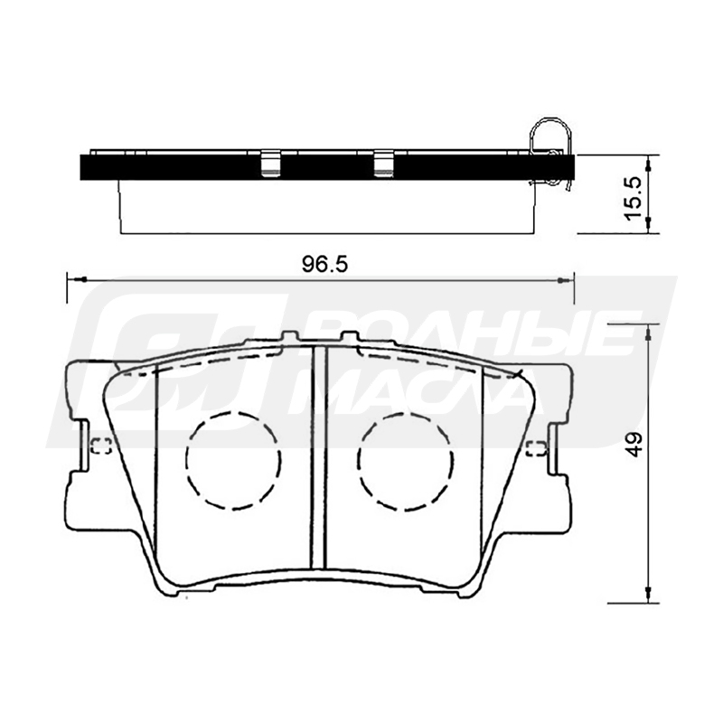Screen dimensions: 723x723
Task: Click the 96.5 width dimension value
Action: [324, 265]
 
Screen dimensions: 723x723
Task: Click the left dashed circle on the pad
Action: [234, 461]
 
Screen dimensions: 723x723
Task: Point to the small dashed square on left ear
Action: [101, 446]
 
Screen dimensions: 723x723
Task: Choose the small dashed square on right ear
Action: [537, 448]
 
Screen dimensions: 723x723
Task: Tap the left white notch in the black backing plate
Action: [271, 164]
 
